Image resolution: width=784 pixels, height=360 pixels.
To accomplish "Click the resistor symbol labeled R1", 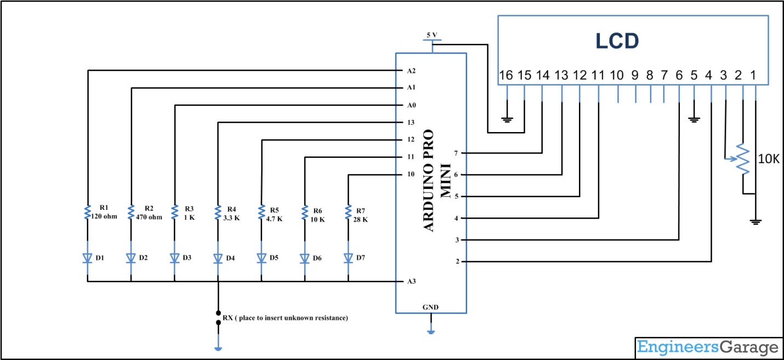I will pyautogui.click(x=87, y=212).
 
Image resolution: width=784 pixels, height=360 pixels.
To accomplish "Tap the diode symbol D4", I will pyautogui.click(x=218, y=258).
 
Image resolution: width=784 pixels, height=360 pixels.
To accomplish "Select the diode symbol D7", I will pyautogui.click(x=348, y=258).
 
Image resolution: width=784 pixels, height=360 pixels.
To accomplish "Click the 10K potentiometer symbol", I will pyautogui.click(x=743, y=159).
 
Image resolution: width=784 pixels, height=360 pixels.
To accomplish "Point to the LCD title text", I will pyautogui.click(x=617, y=41).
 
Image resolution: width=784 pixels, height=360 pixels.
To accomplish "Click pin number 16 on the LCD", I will pyautogui.click(x=507, y=76).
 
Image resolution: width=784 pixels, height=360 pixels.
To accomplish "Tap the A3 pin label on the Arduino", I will pyautogui.click(x=412, y=282).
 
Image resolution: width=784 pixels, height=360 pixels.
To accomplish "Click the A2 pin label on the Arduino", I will pyautogui.click(x=412, y=71).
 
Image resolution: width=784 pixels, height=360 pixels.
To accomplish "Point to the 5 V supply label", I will pyautogui.click(x=432, y=35).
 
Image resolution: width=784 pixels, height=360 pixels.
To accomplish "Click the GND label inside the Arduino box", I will pyautogui.click(x=430, y=307).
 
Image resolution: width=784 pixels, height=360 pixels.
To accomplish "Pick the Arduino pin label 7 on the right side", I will pyautogui.click(x=457, y=153).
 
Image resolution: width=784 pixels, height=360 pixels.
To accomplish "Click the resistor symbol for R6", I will pyautogui.click(x=305, y=212).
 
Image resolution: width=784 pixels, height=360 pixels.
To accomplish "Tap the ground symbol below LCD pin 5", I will pyautogui.click(x=694, y=118).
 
